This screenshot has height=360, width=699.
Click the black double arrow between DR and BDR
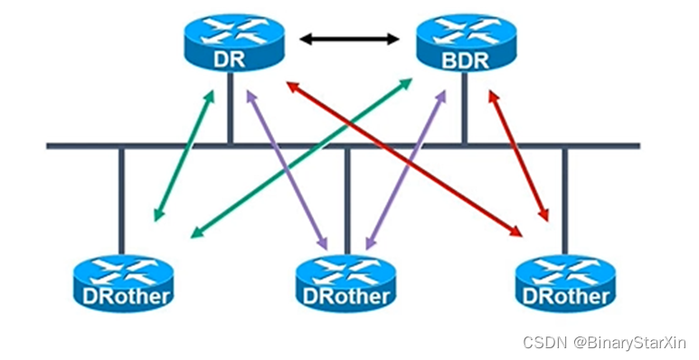point(350,39)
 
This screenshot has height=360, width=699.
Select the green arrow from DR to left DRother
point(184,154)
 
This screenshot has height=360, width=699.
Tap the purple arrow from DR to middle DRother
point(287,167)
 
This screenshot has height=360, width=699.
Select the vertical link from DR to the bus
point(231,113)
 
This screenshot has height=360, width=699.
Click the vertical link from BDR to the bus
point(465,113)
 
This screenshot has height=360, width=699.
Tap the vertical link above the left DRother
point(121,199)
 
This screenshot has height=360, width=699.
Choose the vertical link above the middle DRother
point(347,199)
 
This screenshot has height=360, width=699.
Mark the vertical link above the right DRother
point(565,199)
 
